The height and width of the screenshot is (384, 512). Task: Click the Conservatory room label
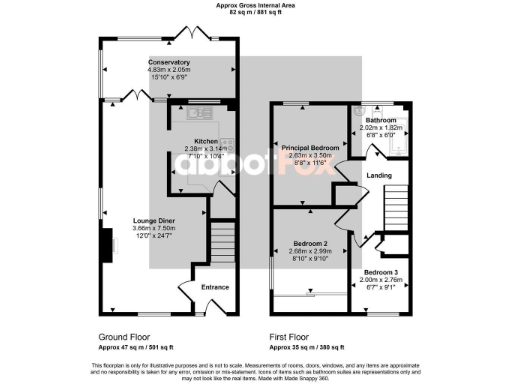click(x=169, y=62)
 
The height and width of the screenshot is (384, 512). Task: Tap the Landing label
click(x=380, y=176)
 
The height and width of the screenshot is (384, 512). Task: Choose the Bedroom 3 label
click(x=379, y=272)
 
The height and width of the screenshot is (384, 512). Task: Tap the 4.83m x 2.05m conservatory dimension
click(x=169, y=70)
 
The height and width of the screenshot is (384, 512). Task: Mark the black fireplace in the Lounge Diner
click(x=106, y=244)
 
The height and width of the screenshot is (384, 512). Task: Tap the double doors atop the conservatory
click(x=190, y=32)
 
